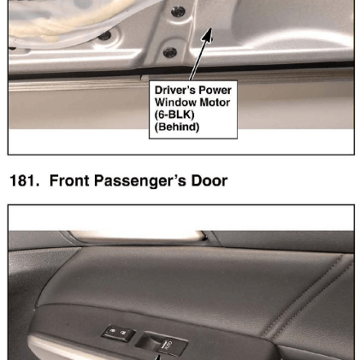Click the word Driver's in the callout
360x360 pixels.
175,90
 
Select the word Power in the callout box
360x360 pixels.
215,90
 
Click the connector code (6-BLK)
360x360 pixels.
174,115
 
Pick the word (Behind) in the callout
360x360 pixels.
177,127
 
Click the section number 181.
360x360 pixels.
25,181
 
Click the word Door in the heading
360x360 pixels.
209,181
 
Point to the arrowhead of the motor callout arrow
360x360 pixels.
208,35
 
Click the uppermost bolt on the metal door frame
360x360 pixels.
178,11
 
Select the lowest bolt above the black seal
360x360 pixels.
169,52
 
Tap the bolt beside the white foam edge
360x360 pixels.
105,35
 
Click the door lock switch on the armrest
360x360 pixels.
119,333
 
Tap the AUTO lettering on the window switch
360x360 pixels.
169,345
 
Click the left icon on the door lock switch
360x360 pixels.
112,331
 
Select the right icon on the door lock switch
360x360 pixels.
124,333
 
